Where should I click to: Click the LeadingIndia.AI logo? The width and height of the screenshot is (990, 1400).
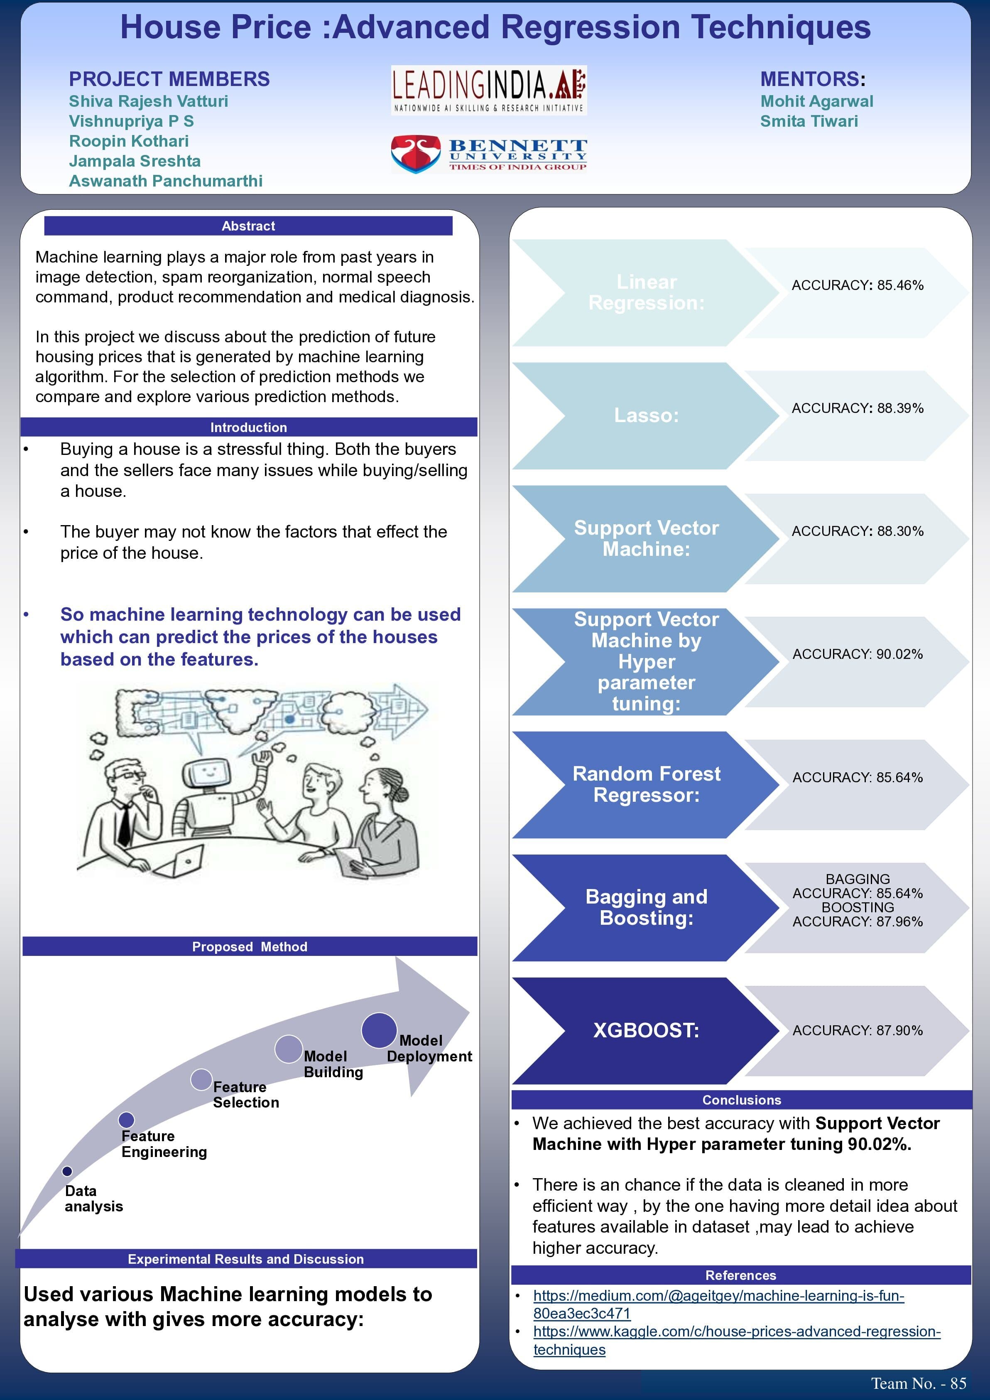488,90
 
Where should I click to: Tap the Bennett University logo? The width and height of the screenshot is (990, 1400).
488,154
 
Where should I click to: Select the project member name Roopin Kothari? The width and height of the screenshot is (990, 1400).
129,141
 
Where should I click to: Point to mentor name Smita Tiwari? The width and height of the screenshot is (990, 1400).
809,121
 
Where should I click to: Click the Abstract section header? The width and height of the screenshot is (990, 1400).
248,226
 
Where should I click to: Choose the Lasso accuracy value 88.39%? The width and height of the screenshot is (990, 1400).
857,408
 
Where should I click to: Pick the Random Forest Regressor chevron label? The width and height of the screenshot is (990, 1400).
646,784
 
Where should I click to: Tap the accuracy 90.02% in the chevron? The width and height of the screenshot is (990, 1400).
857,654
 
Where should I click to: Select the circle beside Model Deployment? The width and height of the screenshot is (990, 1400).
379,1031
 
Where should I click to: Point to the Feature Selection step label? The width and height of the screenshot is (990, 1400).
246,1095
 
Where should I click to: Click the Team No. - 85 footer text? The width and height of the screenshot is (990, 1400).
918,1383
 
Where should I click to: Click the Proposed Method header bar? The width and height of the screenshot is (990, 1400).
249,946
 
